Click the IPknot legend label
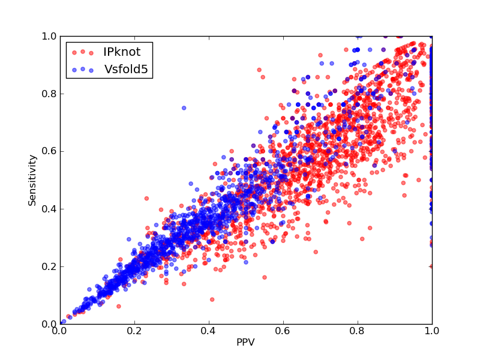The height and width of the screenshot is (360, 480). pyautogui.click(x=122, y=52)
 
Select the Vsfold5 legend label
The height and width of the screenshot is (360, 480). pyautogui.click(x=126, y=69)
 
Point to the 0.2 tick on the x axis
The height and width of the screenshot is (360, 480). pyautogui.click(x=134, y=331)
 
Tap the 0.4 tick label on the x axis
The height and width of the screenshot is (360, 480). pyautogui.click(x=209, y=331)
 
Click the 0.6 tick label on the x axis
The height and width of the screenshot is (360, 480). pyautogui.click(x=283, y=331)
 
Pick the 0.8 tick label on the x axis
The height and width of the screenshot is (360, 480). pyautogui.click(x=358, y=331)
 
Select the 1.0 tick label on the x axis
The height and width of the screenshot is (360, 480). pyautogui.click(x=432, y=331)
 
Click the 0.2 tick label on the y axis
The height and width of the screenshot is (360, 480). pyautogui.click(x=49, y=266)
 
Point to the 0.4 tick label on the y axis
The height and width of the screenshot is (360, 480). pyautogui.click(x=49, y=209)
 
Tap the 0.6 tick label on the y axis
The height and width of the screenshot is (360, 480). pyautogui.click(x=49, y=152)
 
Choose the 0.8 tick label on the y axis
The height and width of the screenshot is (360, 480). pyautogui.click(x=49, y=94)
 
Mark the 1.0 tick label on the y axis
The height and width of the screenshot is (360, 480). pyautogui.click(x=49, y=37)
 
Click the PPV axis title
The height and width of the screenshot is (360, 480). pyautogui.click(x=245, y=342)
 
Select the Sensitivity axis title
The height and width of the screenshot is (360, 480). pyautogui.click(x=32, y=181)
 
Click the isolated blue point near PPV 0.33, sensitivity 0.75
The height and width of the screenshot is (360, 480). pyautogui.click(x=184, y=108)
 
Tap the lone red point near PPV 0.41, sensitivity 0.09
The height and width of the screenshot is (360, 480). pyautogui.click(x=212, y=299)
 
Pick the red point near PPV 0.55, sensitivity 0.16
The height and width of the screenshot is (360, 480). pyautogui.click(x=265, y=277)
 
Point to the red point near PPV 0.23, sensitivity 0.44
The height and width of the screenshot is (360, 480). pyautogui.click(x=146, y=199)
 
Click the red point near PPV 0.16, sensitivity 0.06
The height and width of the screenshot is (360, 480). pyautogui.click(x=119, y=306)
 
